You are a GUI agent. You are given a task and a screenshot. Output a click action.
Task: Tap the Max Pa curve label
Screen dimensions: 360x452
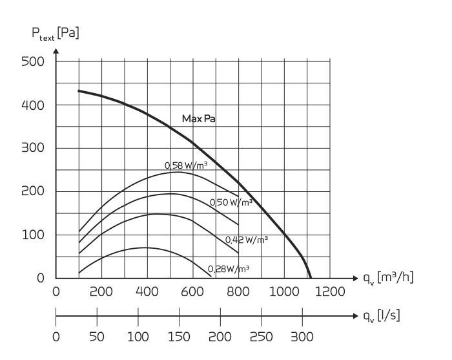(199, 120)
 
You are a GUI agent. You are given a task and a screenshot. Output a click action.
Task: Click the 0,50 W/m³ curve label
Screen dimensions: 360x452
(231, 202)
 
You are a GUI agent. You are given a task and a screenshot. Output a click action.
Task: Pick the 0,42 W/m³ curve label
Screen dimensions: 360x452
(246, 240)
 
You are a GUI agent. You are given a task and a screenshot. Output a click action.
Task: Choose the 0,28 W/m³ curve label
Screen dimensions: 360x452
(229, 268)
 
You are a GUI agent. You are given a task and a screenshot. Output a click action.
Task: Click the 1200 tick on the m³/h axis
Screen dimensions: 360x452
(331, 292)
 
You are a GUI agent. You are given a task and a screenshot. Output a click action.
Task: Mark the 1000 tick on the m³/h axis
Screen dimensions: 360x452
(285, 292)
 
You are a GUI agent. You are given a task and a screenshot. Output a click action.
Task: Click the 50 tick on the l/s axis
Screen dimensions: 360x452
(97, 337)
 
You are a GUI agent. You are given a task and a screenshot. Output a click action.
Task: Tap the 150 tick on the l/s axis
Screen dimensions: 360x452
(180, 337)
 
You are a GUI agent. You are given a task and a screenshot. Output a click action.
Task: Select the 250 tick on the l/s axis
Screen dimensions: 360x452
(262, 337)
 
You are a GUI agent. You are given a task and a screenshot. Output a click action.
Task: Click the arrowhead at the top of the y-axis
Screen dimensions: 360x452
(56, 50)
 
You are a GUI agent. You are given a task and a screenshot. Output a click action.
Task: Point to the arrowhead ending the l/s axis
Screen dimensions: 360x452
(354, 317)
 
